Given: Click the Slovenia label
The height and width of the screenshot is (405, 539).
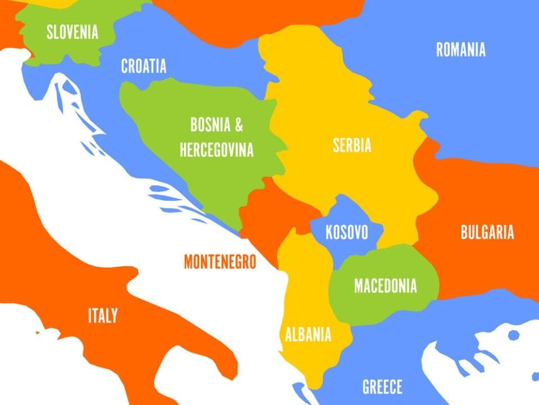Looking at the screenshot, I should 72,32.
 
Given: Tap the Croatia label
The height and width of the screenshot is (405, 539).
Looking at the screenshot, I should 144,66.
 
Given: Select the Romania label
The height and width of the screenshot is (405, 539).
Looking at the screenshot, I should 460,50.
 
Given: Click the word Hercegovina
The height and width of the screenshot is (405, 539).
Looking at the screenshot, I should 216,150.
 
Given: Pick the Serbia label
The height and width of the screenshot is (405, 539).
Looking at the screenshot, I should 352,146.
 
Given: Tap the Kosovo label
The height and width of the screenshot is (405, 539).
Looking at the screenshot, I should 346,232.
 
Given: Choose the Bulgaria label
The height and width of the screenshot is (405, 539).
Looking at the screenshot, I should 487,232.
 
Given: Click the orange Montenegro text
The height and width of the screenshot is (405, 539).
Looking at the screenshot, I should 220,262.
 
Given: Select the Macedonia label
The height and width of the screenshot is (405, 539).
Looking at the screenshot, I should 385,286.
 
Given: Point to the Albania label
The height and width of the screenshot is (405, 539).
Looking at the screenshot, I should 308,335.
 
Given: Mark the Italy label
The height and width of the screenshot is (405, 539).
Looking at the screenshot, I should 103,316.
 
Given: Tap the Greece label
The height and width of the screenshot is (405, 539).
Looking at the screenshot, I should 382,387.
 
